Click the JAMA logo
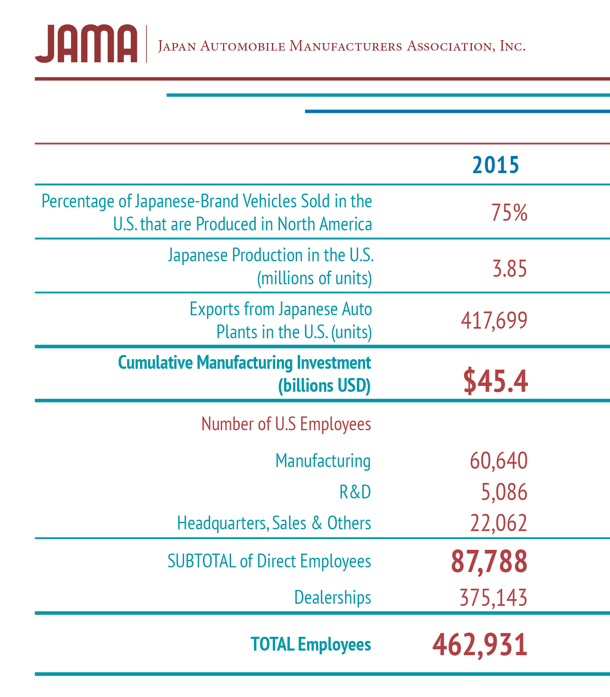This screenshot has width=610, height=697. [x=86, y=43]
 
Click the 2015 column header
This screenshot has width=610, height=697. [x=496, y=165]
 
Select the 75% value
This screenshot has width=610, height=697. [x=510, y=212]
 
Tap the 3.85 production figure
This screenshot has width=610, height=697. [x=510, y=268]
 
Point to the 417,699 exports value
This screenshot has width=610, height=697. [x=494, y=321]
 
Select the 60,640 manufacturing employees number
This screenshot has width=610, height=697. [x=499, y=461]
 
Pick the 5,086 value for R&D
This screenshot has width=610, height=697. [x=504, y=492]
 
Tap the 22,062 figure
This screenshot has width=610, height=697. [x=499, y=523]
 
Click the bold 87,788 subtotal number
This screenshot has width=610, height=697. [x=489, y=562]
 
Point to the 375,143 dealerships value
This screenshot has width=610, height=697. [x=494, y=597]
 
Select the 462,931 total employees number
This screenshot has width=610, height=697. [x=480, y=645]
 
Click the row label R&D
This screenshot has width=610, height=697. [x=355, y=492]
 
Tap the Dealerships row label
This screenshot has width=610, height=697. [x=333, y=597]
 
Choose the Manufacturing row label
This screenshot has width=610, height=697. [x=323, y=461]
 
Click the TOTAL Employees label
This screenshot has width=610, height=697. [x=311, y=644]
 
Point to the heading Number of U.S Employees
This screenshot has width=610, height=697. [x=286, y=424]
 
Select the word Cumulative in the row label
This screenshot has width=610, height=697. [x=156, y=363]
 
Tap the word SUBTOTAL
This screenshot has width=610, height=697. [x=202, y=561]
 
